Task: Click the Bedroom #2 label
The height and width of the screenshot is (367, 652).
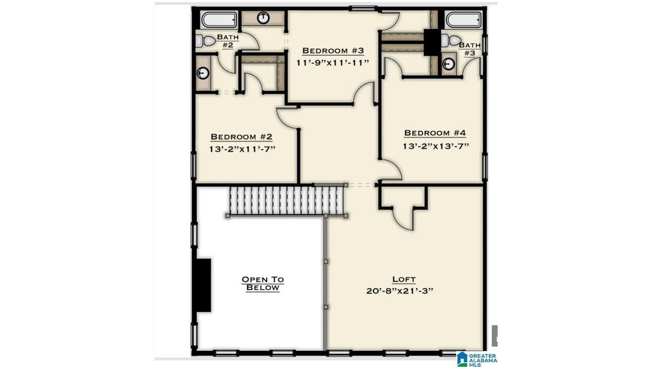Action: (241, 137)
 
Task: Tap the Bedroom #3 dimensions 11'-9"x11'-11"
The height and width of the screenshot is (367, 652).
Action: (332, 63)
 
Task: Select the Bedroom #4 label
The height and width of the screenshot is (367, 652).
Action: (435, 133)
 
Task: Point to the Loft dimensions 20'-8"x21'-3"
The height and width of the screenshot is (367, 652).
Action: (399, 291)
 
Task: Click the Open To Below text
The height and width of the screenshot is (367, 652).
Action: (262, 283)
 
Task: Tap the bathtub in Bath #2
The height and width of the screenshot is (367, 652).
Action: (219, 19)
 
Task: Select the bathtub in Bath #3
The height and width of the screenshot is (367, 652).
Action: (464, 19)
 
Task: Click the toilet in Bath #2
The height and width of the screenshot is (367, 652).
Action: (205, 40)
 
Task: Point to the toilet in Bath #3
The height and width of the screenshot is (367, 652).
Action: (451, 40)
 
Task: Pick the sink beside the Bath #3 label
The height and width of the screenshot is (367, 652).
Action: (449, 64)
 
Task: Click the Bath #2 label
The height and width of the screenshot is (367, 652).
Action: (228, 41)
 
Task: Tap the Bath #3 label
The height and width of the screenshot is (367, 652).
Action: (470, 49)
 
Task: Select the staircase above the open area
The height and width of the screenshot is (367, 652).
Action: (287, 201)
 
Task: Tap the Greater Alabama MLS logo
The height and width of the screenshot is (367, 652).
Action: (477, 359)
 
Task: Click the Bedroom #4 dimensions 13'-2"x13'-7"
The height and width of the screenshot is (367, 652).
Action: (436, 146)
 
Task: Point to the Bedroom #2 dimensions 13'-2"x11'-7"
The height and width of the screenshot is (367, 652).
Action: (242, 149)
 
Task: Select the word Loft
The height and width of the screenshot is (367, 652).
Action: (404, 279)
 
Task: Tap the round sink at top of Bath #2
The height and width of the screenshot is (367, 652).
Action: (263, 18)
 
